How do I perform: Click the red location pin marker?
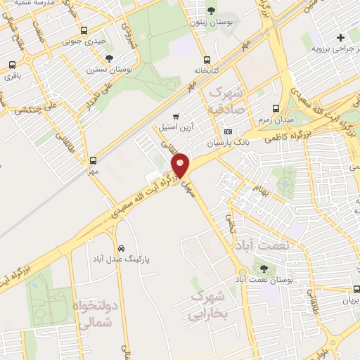point(181,165)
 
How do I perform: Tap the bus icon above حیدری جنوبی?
point(84,31)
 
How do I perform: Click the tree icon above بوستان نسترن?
point(109,59)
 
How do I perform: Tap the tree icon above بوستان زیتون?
point(212,11)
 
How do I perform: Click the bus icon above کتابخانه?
point(206,60)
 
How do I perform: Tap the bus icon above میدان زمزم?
point(275,109)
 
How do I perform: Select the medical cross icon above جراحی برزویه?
point(341,37)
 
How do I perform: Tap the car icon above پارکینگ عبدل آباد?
point(121,248)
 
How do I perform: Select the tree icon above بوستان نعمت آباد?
point(264,269)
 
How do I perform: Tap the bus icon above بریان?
point(357,288)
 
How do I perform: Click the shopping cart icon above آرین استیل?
point(176,116)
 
